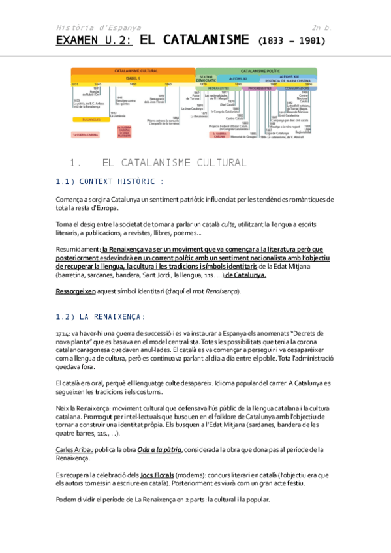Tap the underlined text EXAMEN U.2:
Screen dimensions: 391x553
click(x=94, y=40)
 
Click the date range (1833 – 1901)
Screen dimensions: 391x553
click(x=292, y=41)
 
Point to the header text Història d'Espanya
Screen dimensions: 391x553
click(x=99, y=27)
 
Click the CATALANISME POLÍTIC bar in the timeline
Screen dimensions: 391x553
click(x=257, y=70)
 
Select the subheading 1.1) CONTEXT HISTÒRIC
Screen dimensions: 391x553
click(x=110, y=181)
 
